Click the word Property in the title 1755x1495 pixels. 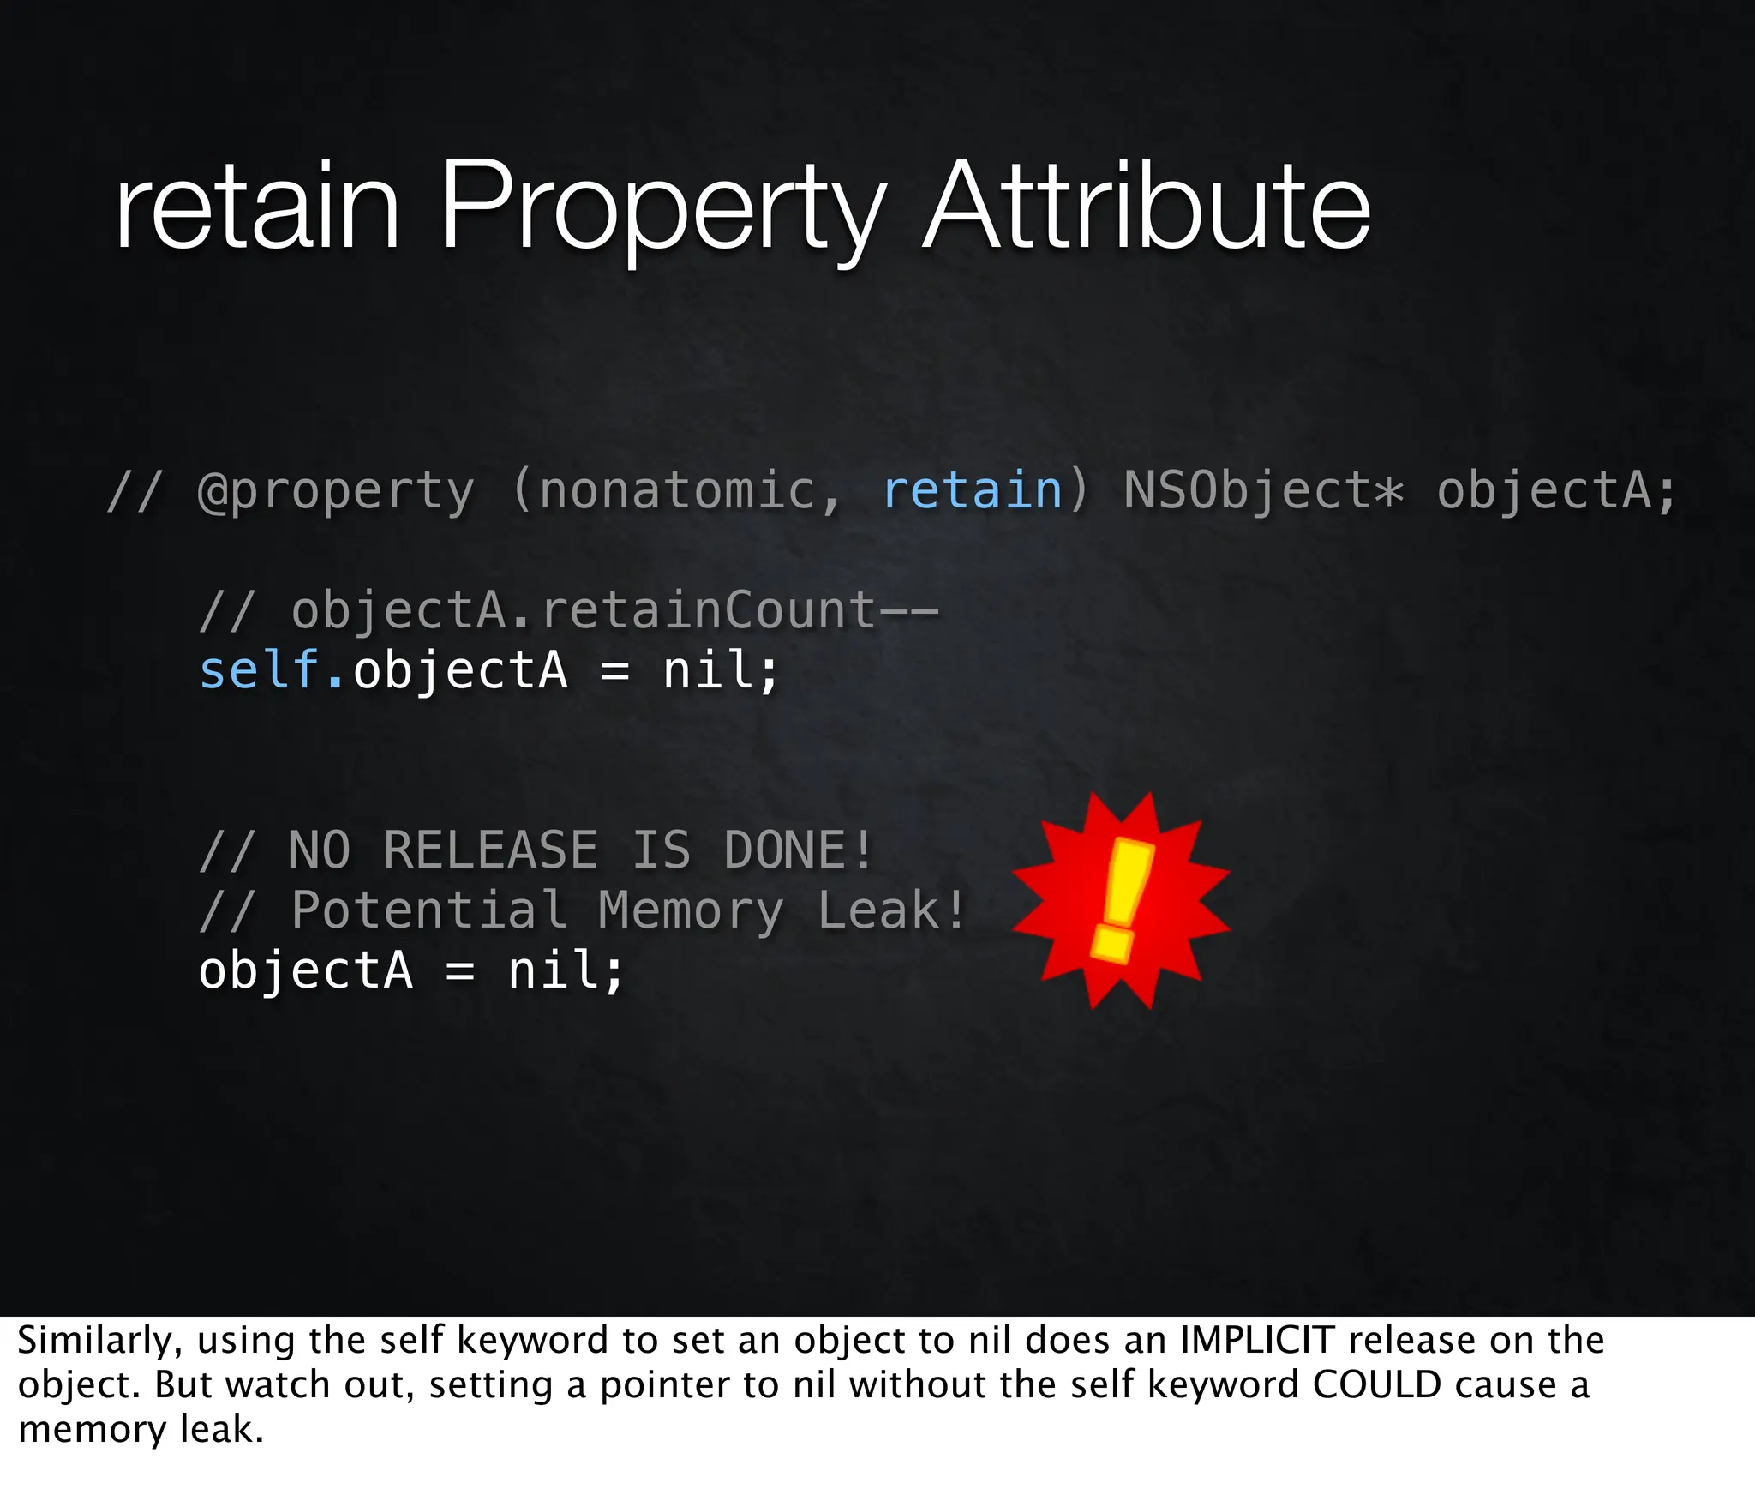pyautogui.click(x=662, y=210)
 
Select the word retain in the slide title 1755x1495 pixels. pyautogui.click(x=257, y=210)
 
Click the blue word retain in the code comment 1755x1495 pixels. pyautogui.click(x=973, y=490)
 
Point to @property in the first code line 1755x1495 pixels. pyautogui.click(x=335, y=492)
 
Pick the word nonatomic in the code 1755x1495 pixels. pyautogui.click(x=677, y=490)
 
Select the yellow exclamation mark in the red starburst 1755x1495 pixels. pyautogui.click(x=1122, y=899)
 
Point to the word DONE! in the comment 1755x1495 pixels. pyautogui.click(x=797, y=850)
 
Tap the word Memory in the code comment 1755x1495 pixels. pyautogui.click(x=691, y=910)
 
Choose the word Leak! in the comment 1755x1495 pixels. pyautogui.click(x=891, y=910)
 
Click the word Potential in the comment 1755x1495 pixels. pyautogui.click(x=428, y=910)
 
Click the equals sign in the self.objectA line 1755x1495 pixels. pyautogui.click(x=614, y=671)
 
